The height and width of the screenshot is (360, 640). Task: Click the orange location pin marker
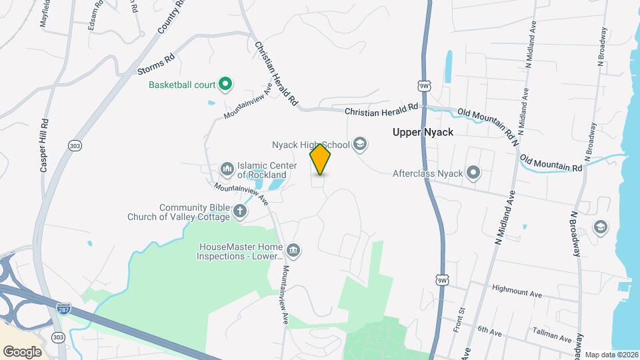click(x=321, y=159)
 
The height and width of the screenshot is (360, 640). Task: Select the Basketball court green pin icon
click(x=225, y=85)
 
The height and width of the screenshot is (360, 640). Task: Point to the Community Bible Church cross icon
click(x=240, y=212)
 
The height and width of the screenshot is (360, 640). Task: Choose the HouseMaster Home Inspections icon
click(x=294, y=251)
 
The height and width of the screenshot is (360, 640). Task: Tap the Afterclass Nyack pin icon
click(x=474, y=173)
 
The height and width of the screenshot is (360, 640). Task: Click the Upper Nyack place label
click(x=423, y=133)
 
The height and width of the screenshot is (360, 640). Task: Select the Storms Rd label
click(x=155, y=64)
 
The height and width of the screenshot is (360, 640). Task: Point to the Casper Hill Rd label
click(x=45, y=146)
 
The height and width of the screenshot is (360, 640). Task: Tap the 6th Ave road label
click(x=489, y=329)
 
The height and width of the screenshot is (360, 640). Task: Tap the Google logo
click(x=22, y=351)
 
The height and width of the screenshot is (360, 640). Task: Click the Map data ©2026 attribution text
click(x=611, y=355)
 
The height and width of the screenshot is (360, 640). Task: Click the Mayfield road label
click(x=44, y=13)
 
